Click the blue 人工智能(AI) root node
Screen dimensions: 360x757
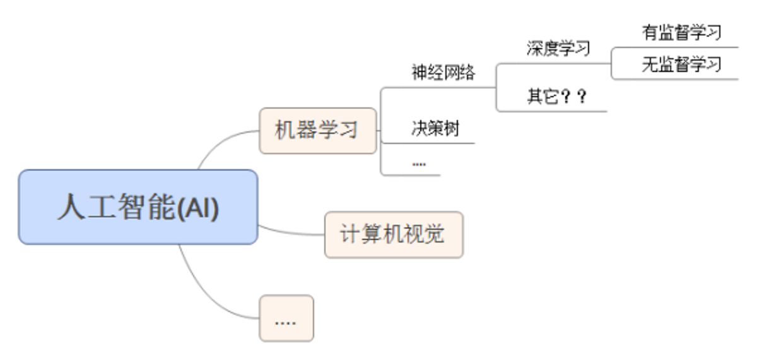click(x=138, y=207)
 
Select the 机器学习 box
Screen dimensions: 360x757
click(x=317, y=131)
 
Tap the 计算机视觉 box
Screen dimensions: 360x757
click(x=394, y=234)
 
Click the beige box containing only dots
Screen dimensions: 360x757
click(x=286, y=318)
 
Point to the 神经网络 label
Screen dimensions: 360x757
click(x=443, y=72)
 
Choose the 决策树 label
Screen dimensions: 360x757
click(x=435, y=129)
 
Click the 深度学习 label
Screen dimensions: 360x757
click(x=558, y=48)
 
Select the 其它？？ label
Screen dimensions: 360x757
click(x=557, y=97)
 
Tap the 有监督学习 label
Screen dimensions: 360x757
click(x=681, y=32)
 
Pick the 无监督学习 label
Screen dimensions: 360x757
click(x=681, y=64)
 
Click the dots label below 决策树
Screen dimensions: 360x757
click(x=419, y=163)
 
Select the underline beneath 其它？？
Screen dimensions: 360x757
click(x=552, y=111)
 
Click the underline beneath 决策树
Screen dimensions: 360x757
click(x=429, y=143)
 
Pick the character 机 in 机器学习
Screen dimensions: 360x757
click(x=285, y=131)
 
